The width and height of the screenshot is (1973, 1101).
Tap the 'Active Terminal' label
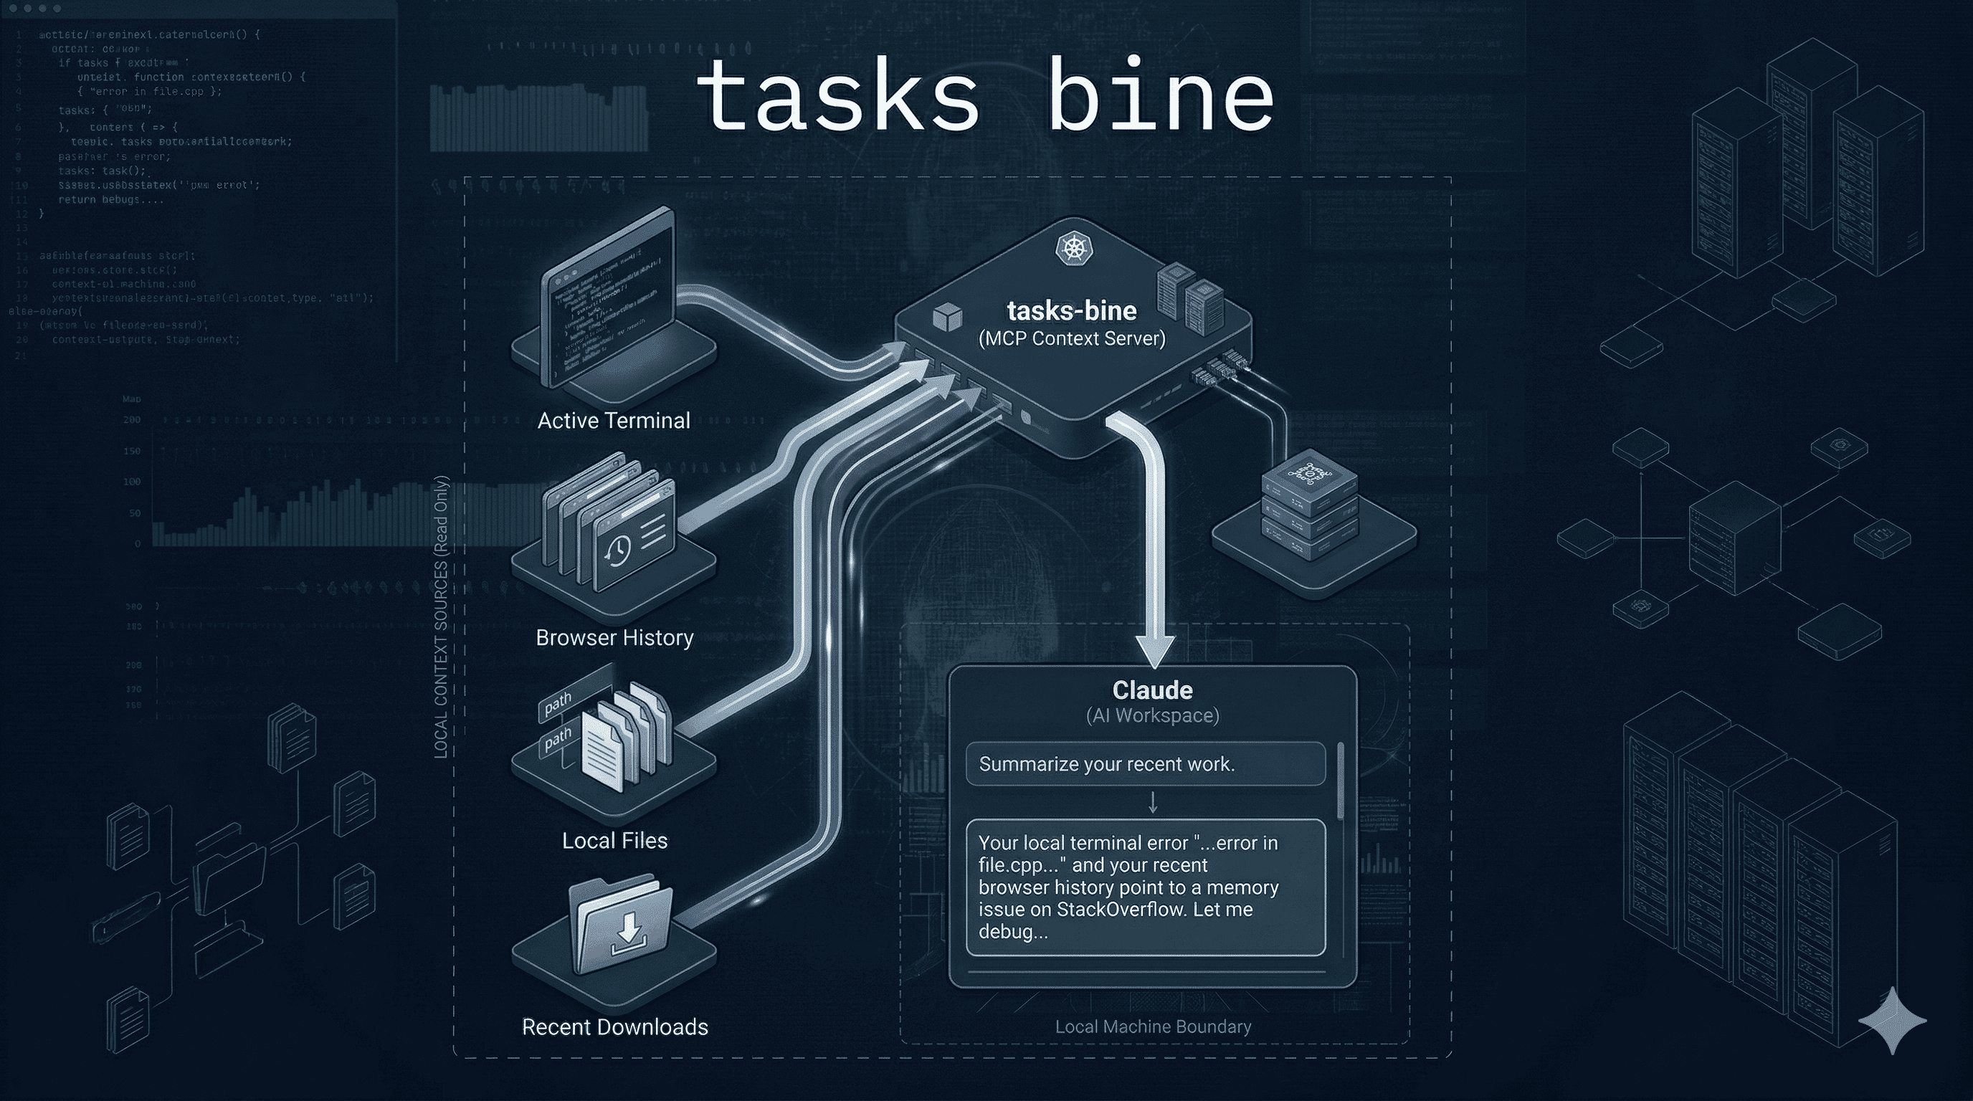(614, 420)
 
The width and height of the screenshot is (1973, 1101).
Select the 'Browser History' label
(614, 637)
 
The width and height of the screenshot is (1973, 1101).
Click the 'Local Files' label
(614, 840)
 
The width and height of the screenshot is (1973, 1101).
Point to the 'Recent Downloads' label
(614, 1026)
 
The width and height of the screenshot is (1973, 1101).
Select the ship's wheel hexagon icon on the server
(1074, 247)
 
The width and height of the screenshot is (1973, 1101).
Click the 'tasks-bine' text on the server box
(1072, 311)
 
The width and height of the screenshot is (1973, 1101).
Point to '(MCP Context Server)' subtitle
(1072, 338)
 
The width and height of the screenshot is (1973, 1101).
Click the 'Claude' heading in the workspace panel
(1152, 690)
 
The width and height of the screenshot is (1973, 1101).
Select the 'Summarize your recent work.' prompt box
(1145, 763)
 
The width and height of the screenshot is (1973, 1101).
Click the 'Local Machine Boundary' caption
(1153, 1026)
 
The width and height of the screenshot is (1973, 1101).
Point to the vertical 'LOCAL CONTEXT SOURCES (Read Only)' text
(441, 617)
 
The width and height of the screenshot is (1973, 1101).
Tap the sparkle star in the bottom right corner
(1892, 1021)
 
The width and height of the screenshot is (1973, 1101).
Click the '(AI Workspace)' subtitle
(1152, 715)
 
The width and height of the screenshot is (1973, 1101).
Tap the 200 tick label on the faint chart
(132, 419)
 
